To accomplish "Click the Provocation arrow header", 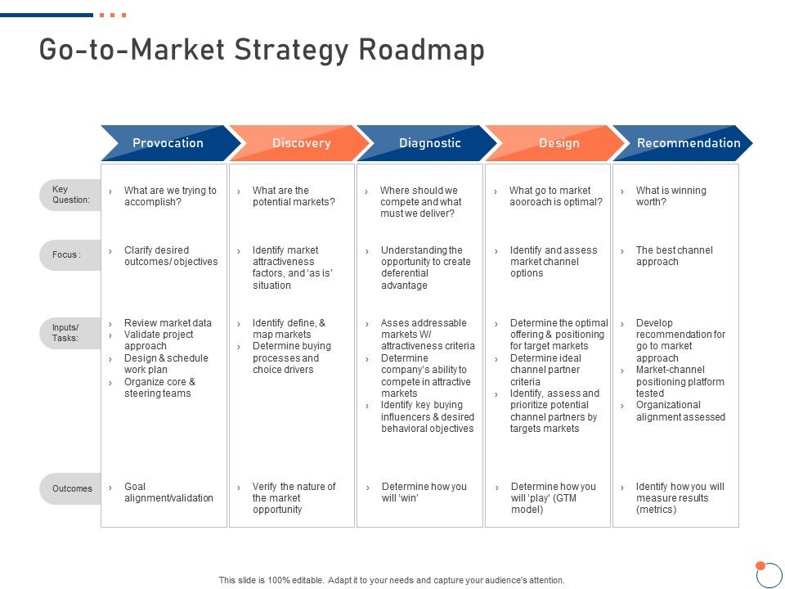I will [168, 143].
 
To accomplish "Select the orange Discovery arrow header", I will [301, 143].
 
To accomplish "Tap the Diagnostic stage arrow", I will [429, 143].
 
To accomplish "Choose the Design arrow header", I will [558, 143].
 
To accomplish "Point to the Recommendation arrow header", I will [688, 143].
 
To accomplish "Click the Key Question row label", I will [71, 195].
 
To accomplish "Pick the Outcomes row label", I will [71, 488].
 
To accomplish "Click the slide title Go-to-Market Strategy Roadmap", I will [262, 50].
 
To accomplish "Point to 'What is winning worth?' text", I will [671, 196].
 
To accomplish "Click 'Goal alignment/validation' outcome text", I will [168, 492].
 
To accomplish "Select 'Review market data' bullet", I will [168, 323].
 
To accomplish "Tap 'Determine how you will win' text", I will [424, 492].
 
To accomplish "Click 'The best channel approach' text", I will [674, 256].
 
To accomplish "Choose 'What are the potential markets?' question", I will [294, 196].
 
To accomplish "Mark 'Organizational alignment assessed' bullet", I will [680, 411].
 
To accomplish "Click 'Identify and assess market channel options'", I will [554, 262].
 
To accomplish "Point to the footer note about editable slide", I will [392, 580].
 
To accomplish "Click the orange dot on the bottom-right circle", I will [760, 565].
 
